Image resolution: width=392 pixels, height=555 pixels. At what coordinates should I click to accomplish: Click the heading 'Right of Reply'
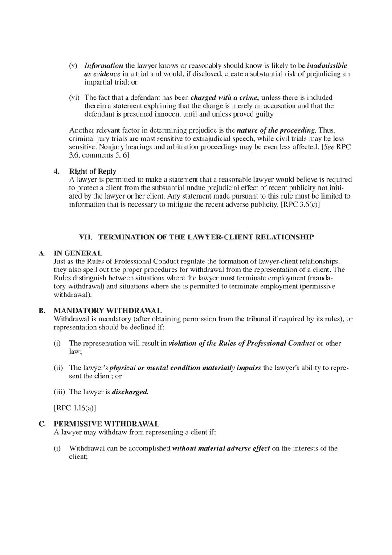(93, 171)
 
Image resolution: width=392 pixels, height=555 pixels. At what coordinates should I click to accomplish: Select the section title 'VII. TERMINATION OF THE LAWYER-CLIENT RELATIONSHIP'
(196, 237)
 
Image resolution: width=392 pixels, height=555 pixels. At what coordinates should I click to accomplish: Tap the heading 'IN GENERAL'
(78, 253)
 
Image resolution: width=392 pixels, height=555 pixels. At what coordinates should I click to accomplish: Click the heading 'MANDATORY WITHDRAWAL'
(107, 311)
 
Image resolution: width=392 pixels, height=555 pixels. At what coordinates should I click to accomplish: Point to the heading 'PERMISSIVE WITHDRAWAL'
(106, 424)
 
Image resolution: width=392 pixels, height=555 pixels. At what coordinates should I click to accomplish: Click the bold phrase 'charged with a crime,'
(225, 97)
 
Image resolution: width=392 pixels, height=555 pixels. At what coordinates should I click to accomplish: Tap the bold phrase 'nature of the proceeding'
(276, 130)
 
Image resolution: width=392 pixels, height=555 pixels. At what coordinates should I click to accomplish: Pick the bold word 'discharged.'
(130, 392)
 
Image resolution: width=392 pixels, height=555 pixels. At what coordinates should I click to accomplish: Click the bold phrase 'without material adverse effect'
(221, 449)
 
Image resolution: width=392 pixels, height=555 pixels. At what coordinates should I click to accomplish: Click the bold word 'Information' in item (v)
(103, 65)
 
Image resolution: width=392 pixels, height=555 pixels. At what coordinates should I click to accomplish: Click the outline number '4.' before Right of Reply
(57, 171)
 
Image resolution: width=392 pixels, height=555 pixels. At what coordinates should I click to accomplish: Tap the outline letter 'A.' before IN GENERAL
(42, 253)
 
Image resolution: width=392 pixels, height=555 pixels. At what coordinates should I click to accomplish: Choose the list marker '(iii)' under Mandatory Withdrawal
(60, 392)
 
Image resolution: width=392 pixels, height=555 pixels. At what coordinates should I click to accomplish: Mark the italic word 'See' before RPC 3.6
(328, 147)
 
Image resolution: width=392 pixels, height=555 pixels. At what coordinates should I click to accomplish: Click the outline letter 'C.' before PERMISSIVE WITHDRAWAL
(42, 424)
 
